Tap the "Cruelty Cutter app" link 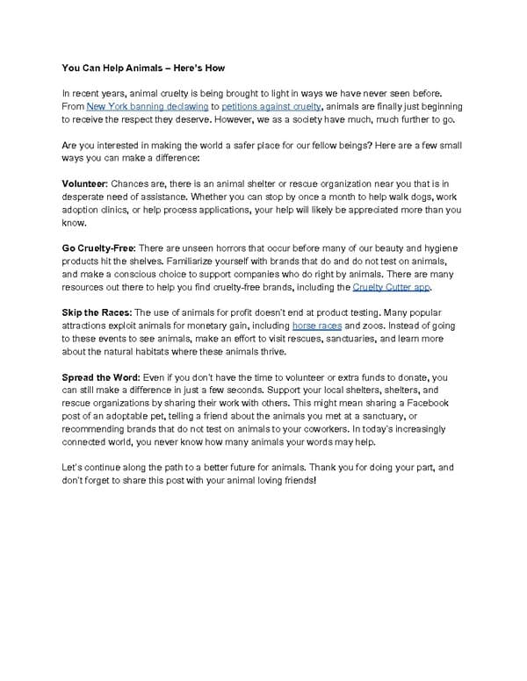point(392,287)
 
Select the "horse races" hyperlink point(316,326)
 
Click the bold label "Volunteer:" point(84,183)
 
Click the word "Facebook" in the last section point(425,403)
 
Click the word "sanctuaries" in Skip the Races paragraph point(357,339)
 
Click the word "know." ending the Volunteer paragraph point(74,222)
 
